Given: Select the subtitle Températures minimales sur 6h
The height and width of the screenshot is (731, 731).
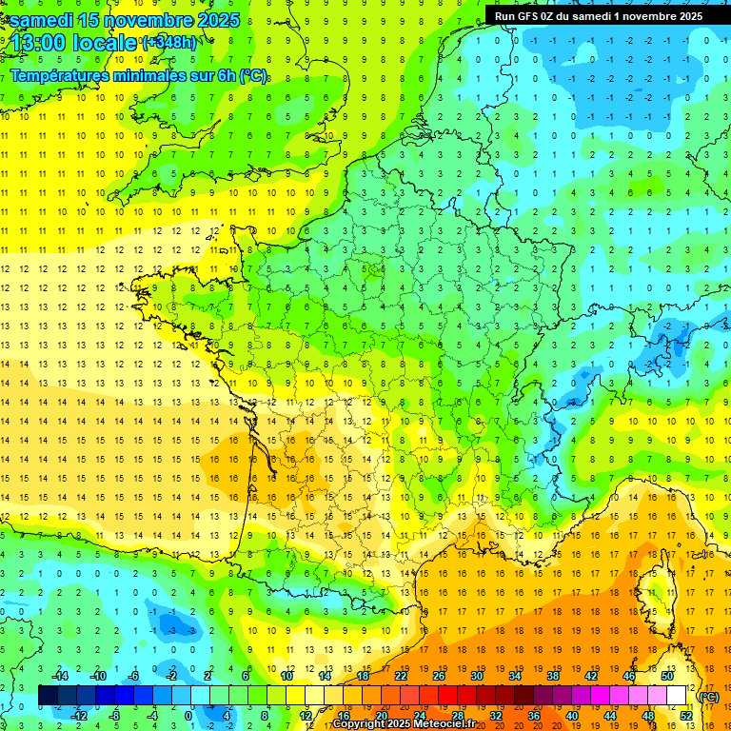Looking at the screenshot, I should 138,76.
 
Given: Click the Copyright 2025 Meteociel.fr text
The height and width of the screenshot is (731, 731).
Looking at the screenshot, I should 405,724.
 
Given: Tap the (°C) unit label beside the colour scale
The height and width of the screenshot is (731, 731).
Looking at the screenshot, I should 708,697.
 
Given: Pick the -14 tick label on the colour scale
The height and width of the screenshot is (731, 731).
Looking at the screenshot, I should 61,676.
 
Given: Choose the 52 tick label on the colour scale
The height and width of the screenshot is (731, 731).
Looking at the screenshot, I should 686,716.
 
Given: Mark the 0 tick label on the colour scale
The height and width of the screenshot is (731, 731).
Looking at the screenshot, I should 188,716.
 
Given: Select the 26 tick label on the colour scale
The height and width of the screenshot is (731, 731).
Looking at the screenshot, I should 439,676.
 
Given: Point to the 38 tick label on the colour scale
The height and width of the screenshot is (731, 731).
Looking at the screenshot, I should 552,676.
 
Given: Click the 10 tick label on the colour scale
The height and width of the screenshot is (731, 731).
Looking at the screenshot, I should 286,676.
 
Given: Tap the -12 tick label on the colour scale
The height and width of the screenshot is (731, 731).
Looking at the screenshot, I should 79,716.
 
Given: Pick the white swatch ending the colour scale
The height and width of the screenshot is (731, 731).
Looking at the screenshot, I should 677,696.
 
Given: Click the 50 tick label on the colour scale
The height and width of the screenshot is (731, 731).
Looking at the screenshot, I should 666,676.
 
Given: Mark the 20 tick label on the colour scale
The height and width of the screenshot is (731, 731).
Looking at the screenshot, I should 382,716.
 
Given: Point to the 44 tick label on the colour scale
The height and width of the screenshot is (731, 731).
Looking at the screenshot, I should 610,716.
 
